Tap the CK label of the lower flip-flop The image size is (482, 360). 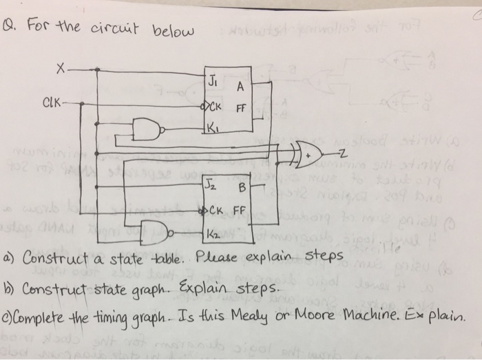tap(214, 211)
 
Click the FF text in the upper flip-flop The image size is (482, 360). tap(241, 108)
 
